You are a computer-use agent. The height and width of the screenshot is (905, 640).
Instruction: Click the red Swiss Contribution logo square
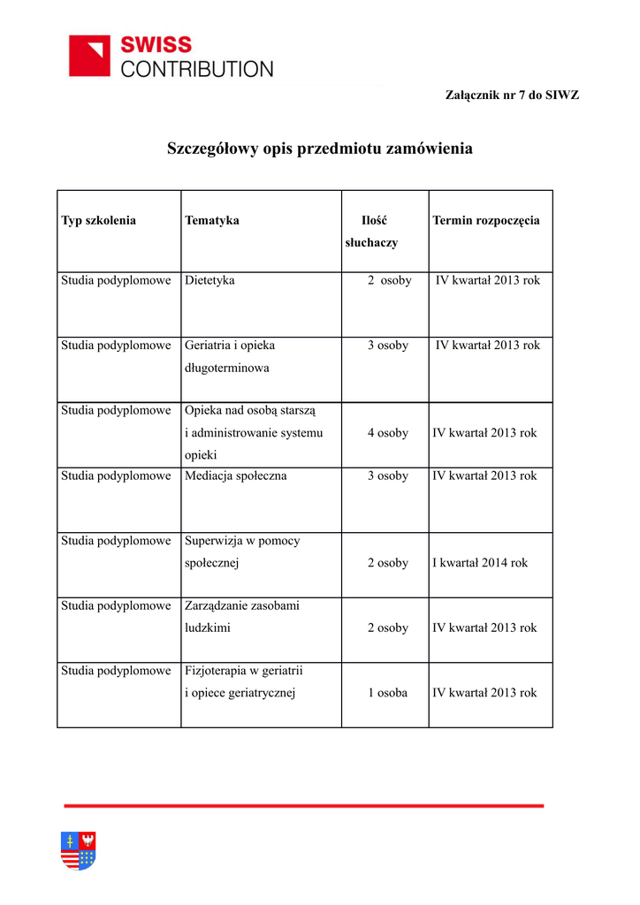(89, 56)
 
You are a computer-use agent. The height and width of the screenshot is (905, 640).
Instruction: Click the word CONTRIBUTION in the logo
(197, 69)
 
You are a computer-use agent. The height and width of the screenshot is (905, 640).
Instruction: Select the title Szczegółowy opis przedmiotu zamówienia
(320, 148)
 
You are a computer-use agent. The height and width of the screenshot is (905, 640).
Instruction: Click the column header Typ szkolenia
(98, 220)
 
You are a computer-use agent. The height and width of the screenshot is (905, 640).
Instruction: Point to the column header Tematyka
(212, 220)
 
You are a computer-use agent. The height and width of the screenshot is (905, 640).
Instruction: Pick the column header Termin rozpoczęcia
(486, 220)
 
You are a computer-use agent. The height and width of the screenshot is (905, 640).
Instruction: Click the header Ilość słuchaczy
(372, 232)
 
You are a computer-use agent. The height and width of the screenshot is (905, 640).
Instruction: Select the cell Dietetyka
(210, 280)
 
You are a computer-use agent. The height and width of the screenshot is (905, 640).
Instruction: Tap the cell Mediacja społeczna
(236, 475)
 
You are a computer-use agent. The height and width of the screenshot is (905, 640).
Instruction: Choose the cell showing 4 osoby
(388, 433)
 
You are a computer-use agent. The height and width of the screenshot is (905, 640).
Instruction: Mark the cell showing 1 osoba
(388, 693)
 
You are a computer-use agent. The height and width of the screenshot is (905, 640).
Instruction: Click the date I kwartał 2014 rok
(480, 562)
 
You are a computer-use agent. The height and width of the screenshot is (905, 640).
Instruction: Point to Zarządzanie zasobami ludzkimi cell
(242, 617)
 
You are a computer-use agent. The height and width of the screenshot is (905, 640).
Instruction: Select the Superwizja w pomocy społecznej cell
(242, 551)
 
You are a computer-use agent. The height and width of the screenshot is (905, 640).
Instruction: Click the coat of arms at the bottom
(79, 850)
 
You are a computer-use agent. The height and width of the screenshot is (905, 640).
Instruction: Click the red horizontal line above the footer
(304, 805)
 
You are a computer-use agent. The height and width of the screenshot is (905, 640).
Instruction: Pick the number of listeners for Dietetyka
(390, 280)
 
